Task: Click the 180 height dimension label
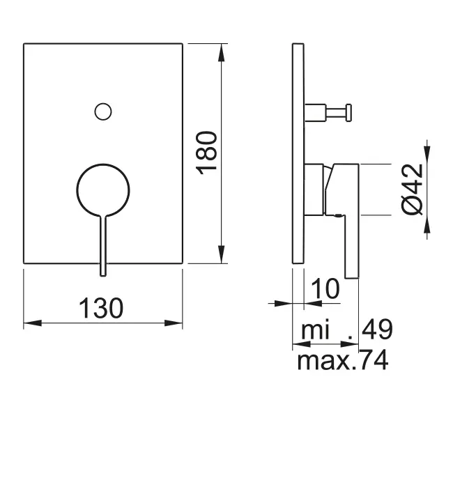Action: tap(208, 153)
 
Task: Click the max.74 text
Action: tap(342, 360)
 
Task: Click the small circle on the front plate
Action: tap(103, 110)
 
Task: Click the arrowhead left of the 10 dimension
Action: tap(283, 303)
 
